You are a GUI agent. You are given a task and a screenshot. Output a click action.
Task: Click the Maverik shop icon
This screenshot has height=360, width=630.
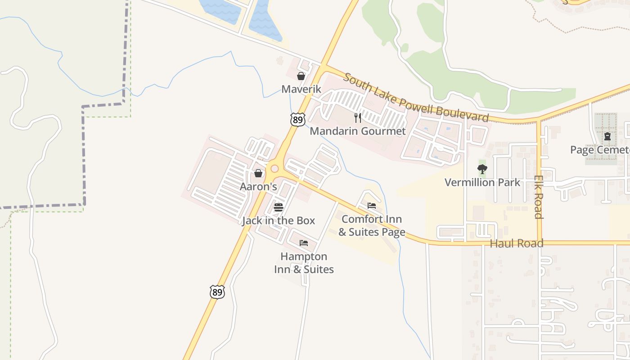(301, 76)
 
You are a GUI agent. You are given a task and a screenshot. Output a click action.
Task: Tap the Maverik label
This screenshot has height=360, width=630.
(301, 89)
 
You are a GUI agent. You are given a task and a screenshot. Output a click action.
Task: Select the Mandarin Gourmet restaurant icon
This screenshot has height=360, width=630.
(358, 118)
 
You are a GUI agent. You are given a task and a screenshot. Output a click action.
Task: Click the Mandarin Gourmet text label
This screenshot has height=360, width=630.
(358, 131)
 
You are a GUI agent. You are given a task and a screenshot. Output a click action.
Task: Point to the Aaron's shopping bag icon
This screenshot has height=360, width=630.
(258, 173)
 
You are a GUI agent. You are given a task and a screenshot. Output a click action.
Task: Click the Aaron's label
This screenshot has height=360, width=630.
(258, 186)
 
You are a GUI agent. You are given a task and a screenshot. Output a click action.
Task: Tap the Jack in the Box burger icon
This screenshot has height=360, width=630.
(279, 207)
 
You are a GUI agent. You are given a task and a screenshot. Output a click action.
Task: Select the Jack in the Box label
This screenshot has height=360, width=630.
(279, 220)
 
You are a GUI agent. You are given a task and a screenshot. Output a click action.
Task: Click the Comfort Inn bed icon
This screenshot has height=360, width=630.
(372, 206)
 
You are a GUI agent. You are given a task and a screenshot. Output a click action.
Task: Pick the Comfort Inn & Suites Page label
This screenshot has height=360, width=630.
(372, 225)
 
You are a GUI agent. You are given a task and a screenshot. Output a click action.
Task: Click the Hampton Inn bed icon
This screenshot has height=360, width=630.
(304, 243)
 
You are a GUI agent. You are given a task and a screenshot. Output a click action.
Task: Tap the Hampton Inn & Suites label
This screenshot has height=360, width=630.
(304, 263)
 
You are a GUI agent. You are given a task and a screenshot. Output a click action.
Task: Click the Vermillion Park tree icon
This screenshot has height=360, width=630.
(482, 169)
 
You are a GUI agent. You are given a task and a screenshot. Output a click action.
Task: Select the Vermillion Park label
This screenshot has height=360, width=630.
(482, 182)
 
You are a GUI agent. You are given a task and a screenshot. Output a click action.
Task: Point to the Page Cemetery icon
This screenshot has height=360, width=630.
(607, 136)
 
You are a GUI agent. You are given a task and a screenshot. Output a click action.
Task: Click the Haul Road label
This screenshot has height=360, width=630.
(517, 243)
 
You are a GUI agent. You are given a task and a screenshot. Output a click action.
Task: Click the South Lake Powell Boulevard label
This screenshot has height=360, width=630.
(416, 97)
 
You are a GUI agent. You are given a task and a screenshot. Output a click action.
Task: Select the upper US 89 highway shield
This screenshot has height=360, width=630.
(298, 119)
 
